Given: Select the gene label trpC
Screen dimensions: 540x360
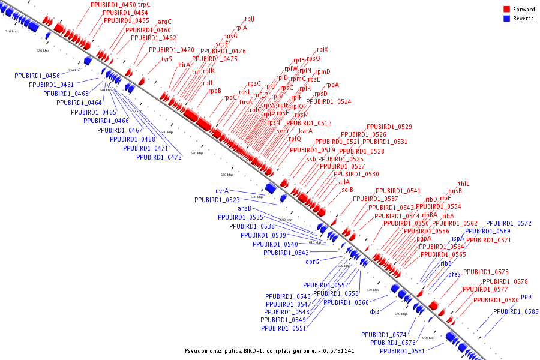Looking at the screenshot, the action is pyautogui.click(x=144, y=5).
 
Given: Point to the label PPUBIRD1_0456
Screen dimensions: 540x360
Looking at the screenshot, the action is pyautogui.click(x=37, y=76).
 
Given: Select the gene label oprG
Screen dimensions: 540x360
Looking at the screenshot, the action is pyautogui.click(x=312, y=262).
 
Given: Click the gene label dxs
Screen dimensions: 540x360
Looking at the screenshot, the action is pyautogui.click(x=374, y=311).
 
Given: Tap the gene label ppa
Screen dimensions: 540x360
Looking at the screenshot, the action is pyautogui.click(x=526, y=296).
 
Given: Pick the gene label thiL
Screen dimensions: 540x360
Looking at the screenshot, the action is pyautogui.click(x=463, y=184).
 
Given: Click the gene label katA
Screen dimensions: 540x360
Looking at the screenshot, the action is pyautogui.click(x=305, y=131).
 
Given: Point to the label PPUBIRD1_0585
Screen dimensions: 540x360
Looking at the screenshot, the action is pyautogui.click(x=515, y=311).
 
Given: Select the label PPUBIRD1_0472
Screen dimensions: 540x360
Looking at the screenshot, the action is pyautogui.click(x=158, y=157).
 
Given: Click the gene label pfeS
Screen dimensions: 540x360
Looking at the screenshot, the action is pyautogui.click(x=454, y=274).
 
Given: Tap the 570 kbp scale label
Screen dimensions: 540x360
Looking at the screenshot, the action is pyautogui.click(x=197, y=153).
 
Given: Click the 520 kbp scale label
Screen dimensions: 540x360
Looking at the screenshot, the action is pyautogui.click(x=42, y=51).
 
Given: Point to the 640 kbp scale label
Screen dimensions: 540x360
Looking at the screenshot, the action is pyautogui.click(x=401, y=314).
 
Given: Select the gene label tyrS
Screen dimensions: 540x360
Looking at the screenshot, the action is pyautogui.click(x=166, y=59).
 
